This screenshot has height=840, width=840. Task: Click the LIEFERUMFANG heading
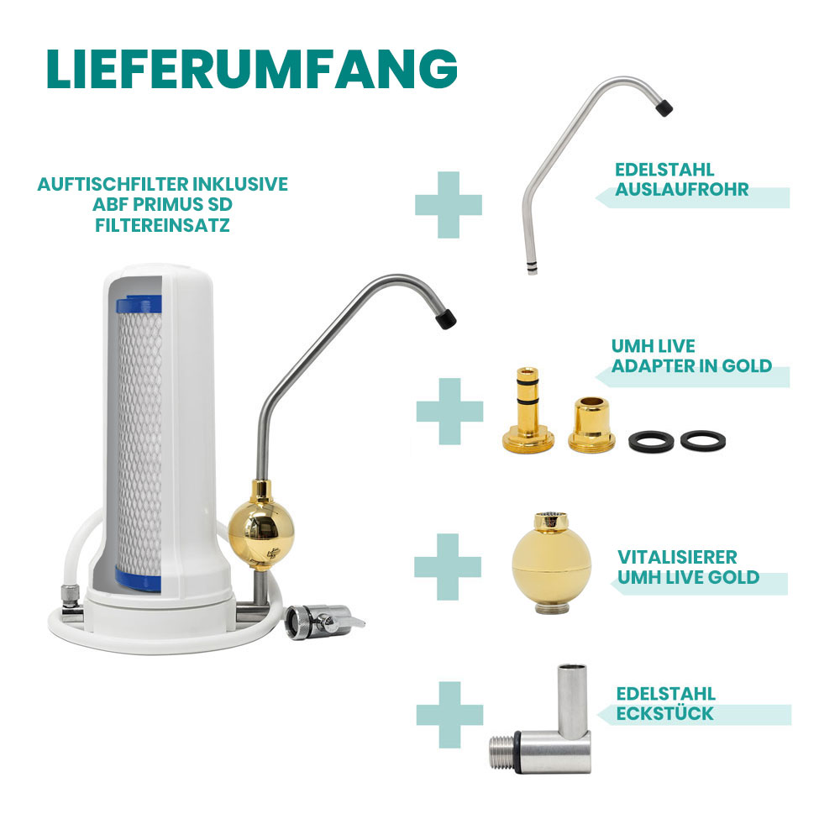click(x=252, y=69)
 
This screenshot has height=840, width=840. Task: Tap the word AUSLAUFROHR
click(x=681, y=190)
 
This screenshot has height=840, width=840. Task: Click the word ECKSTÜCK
click(x=664, y=713)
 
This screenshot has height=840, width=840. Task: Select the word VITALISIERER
click(x=677, y=557)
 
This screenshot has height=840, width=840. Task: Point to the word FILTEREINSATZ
click(x=162, y=225)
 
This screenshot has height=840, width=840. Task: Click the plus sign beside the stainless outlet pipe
click(x=449, y=205)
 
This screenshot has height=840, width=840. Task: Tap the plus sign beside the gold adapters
click(x=449, y=412)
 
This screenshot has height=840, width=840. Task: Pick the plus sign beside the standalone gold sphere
click(x=448, y=567)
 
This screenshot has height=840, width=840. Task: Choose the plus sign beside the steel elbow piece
click(x=449, y=715)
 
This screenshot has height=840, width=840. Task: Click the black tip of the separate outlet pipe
click(x=664, y=108)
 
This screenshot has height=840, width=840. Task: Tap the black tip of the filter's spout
click(x=446, y=319)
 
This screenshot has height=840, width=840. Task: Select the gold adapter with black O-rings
click(x=528, y=408)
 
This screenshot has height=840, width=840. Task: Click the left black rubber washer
click(x=650, y=441)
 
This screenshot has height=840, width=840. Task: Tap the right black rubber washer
click(x=703, y=440)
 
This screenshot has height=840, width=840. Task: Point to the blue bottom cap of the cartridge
click(x=139, y=580)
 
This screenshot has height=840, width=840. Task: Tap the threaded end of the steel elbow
click(x=502, y=752)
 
